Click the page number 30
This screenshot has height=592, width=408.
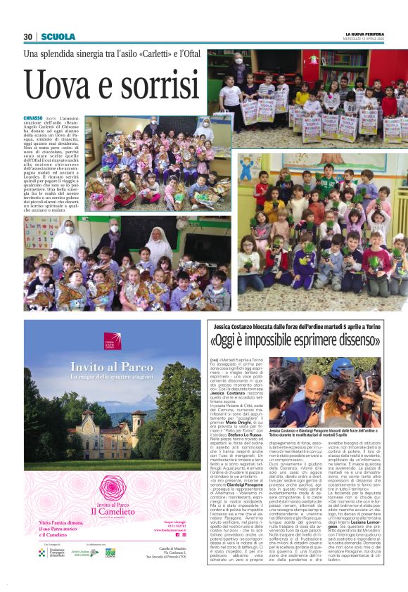click(29, 37)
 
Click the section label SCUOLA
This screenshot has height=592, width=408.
click(56, 37)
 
